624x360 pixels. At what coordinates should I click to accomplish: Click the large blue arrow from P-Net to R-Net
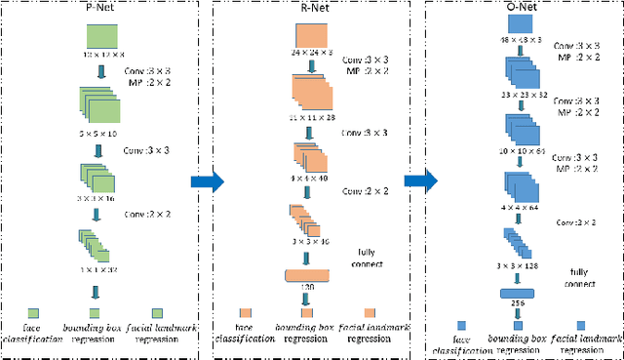pyautogui.click(x=207, y=180)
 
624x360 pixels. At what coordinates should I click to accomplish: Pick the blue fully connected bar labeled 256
pyautogui.click(x=519, y=292)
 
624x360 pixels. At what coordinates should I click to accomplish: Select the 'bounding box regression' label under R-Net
pyautogui.click(x=306, y=334)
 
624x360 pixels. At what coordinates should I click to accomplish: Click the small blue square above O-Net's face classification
pyautogui.click(x=462, y=325)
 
